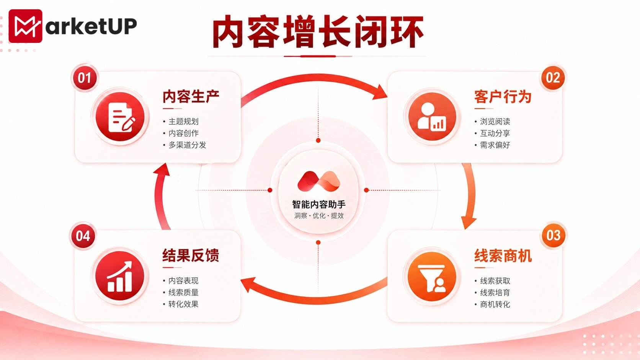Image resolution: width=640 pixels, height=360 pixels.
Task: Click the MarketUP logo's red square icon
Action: click(x=25, y=26)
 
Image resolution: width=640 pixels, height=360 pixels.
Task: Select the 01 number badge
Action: click(x=85, y=78)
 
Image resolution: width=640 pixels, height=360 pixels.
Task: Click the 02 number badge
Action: click(x=553, y=78)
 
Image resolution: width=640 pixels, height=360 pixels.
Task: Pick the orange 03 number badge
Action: click(x=553, y=236)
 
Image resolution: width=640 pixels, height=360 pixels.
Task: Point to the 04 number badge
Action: click(x=83, y=236)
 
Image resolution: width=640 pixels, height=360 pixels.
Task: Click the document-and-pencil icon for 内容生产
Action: click(x=120, y=117)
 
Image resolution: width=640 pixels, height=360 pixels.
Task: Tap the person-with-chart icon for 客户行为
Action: click(x=432, y=117)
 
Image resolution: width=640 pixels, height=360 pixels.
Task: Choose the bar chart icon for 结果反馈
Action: click(x=120, y=276)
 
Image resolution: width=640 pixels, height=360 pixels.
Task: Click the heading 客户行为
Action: click(x=503, y=96)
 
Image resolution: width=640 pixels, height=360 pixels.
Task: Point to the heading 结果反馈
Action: click(x=191, y=255)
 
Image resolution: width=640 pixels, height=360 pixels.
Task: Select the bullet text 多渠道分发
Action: click(x=188, y=145)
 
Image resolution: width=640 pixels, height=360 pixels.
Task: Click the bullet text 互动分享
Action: click(x=495, y=133)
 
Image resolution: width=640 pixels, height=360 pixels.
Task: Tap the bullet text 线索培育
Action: click(x=495, y=293)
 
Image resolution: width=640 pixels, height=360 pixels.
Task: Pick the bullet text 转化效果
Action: click(x=183, y=304)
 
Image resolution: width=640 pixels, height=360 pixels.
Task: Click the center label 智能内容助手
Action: click(x=318, y=204)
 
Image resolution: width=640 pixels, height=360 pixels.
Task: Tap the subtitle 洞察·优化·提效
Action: click(x=319, y=216)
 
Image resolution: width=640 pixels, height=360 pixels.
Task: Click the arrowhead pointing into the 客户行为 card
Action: click(x=380, y=92)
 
